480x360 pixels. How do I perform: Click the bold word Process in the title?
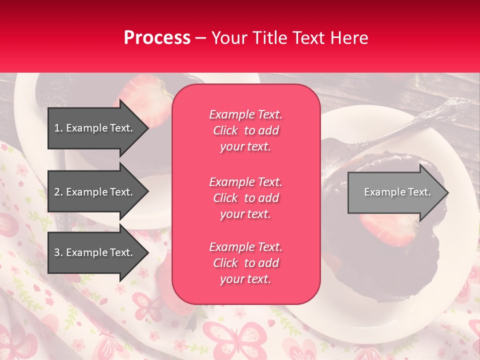157,38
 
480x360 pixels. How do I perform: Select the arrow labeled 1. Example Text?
93,128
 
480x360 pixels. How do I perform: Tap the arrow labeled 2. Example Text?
93,192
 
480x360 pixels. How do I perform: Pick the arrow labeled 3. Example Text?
93,252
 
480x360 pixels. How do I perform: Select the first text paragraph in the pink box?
245,130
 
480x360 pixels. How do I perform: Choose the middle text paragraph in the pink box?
245,198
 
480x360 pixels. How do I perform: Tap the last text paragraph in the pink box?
245,263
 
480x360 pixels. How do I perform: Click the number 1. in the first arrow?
58,128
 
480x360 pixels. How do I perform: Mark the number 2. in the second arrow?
58,192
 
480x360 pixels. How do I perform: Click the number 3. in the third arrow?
58,252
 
